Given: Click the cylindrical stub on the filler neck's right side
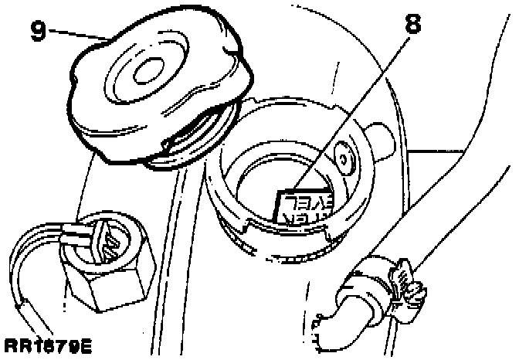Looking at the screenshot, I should [380, 139].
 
